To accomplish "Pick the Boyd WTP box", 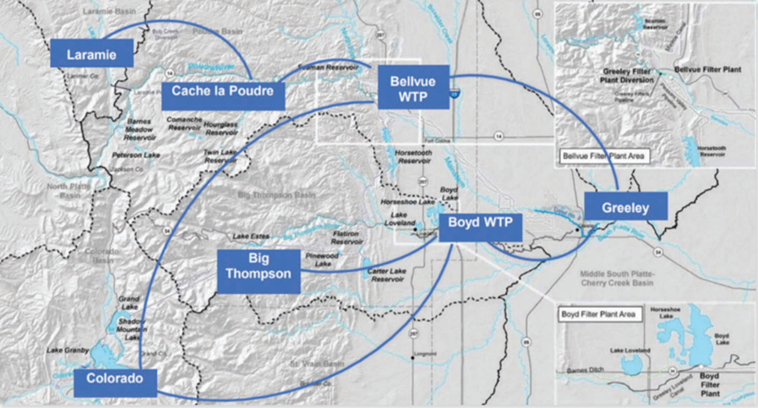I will tap(481, 227).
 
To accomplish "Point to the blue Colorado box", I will tap(116, 379).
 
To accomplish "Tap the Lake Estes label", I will tap(250, 236).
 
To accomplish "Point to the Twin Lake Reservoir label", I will tap(220, 156).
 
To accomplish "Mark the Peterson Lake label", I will tap(136, 155).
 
